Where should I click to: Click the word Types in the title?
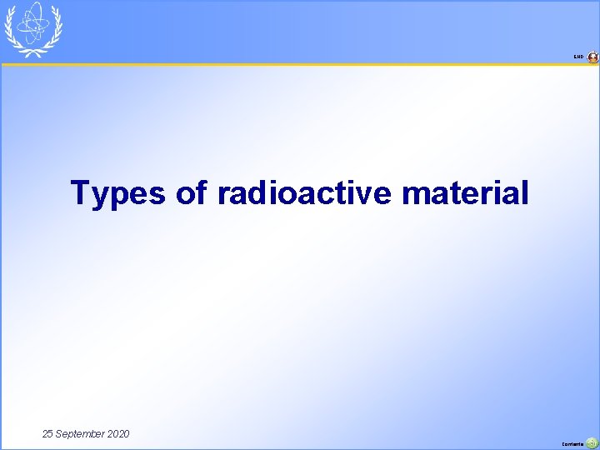click(x=118, y=193)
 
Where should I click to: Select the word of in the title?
click(x=192, y=193)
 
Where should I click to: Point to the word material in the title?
click(x=465, y=193)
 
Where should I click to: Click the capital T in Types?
click(x=81, y=192)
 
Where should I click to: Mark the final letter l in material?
click(x=524, y=192)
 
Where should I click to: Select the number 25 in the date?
click(x=49, y=434)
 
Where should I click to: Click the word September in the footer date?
click(x=81, y=434)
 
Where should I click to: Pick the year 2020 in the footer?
click(x=117, y=434)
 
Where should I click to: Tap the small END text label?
click(x=578, y=57)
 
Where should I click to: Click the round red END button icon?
click(x=592, y=57)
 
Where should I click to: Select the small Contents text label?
click(x=573, y=444)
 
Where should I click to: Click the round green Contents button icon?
click(x=592, y=443)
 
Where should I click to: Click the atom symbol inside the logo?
click(x=34, y=23)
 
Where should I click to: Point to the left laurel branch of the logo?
click(x=12, y=30)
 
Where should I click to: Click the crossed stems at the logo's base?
click(x=34, y=52)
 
